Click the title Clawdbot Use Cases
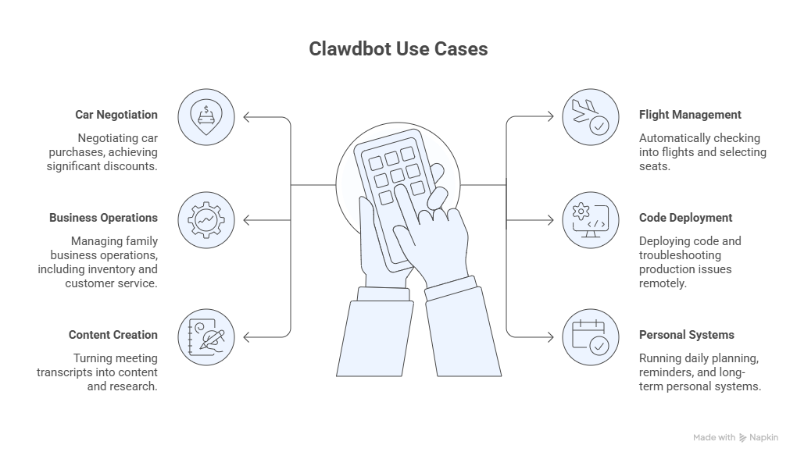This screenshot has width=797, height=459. tap(398, 49)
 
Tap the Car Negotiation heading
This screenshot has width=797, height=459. tap(116, 114)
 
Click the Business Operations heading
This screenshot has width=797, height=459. tap(103, 218)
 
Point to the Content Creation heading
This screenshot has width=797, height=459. tap(113, 335)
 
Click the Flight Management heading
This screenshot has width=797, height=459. tap(690, 114)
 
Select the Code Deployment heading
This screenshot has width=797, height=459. tap(685, 218)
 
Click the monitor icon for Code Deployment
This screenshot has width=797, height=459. tap(590, 220)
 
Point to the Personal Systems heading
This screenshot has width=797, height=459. tap(686, 335)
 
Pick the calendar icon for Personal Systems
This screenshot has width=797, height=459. tap(590, 337)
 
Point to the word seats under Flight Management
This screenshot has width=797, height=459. tap(654, 166)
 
